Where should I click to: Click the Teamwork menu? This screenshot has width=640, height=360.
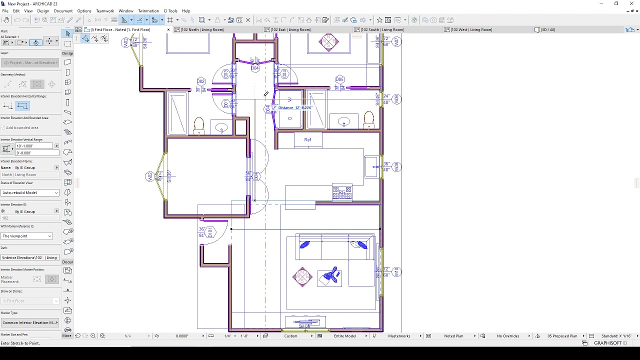[105, 11]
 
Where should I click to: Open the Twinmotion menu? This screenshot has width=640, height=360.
[148, 11]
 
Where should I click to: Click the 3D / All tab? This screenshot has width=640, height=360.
[547, 29]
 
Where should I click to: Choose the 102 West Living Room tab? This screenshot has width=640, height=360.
[471, 29]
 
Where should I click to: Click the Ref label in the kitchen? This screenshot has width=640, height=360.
[307, 140]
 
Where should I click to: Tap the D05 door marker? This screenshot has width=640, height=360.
[340, 79]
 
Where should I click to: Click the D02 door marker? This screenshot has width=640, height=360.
[201, 81]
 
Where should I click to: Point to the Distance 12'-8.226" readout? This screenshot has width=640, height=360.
[295, 108]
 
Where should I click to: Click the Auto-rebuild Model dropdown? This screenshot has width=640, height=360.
[30, 192]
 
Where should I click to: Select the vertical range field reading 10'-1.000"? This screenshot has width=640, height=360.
[34, 146]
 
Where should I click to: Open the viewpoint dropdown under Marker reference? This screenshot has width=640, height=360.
[27, 236]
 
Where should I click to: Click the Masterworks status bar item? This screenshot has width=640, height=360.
[399, 336]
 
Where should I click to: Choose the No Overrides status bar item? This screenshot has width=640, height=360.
[508, 336]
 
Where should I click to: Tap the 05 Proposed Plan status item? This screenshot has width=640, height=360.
[562, 336]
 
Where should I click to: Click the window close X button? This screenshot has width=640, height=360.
[631, 3]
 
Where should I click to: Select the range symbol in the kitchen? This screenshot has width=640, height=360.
[342, 192]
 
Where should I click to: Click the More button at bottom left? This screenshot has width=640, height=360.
[66, 336]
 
